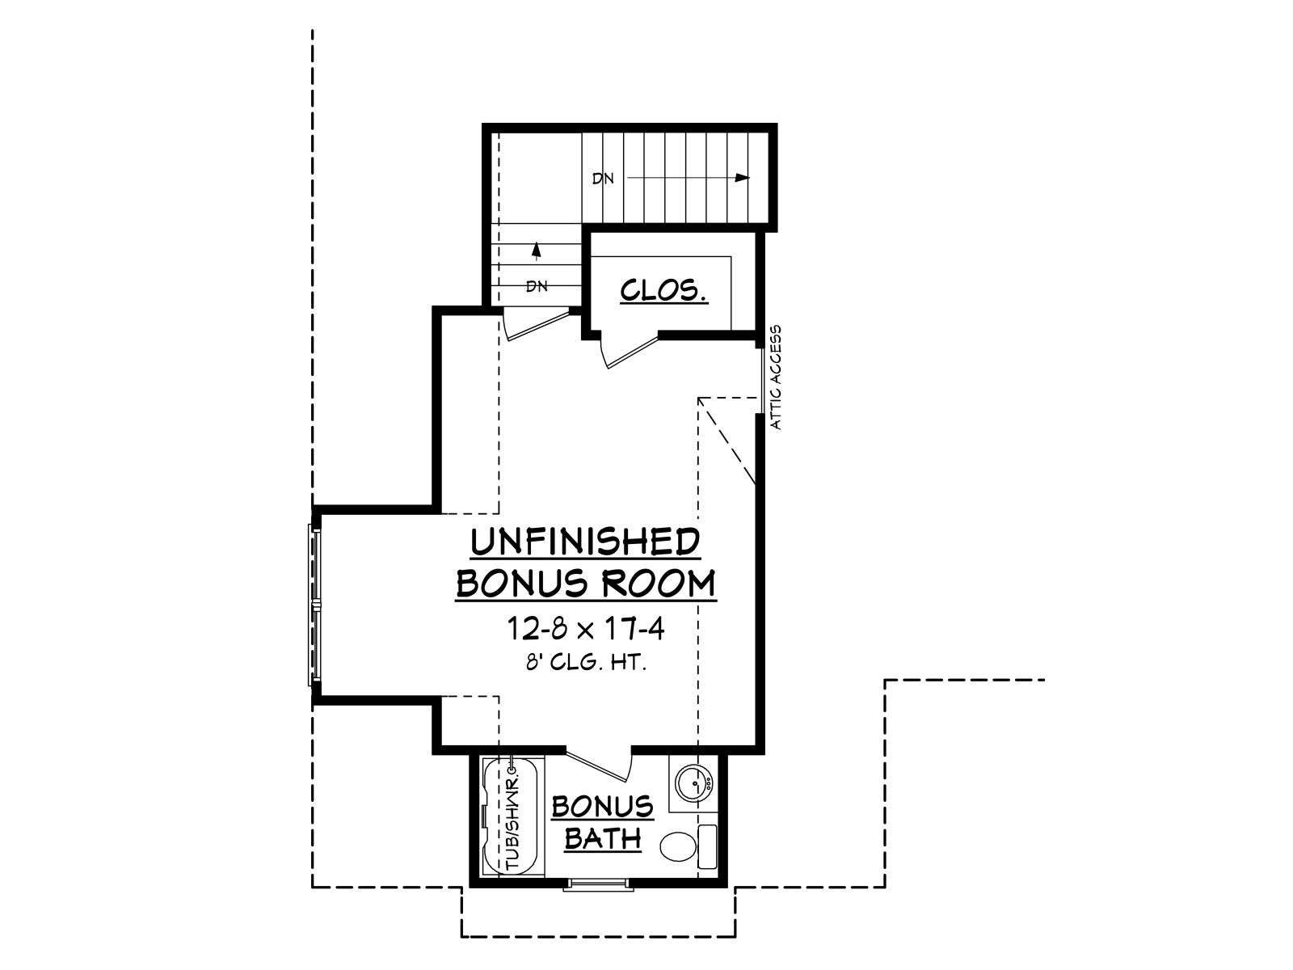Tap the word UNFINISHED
tap(586, 542)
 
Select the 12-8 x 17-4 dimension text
tap(586, 629)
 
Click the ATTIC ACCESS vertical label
tap(776, 377)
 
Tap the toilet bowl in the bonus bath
tap(677, 847)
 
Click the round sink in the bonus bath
tap(694, 782)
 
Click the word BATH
tap(603, 838)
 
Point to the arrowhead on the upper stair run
tap(742, 177)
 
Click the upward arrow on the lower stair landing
tap(536, 250)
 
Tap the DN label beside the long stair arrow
tap(603, 179)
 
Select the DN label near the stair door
tap(537, 287)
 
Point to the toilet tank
tap(706, 847)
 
